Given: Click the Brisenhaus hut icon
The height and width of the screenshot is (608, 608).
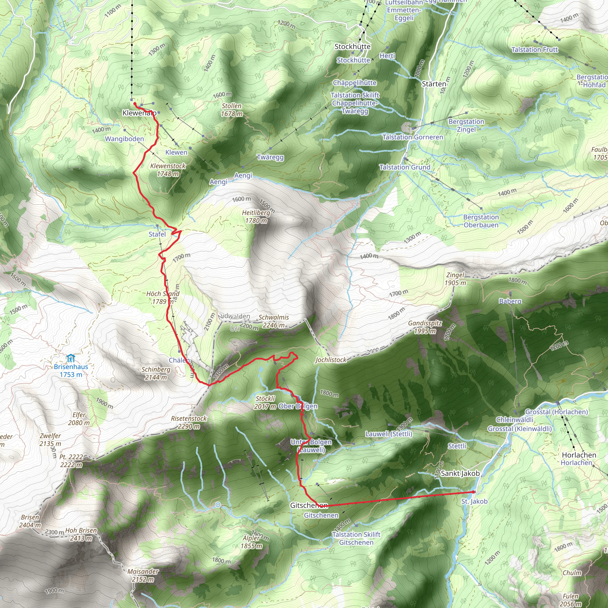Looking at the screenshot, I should pos(71,358).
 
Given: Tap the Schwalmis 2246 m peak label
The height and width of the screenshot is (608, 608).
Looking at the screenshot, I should pos(273,321).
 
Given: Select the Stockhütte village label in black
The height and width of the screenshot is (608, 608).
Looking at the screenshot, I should pos(352,47).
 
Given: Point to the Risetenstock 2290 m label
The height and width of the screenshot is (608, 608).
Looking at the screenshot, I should pos(189,422).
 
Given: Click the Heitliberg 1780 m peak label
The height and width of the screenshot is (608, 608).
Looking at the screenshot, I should pos(256,216).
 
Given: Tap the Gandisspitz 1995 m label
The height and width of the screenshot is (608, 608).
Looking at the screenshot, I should pos(425,327).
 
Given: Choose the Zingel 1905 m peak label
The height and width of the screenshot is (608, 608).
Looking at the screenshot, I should pos(455,279).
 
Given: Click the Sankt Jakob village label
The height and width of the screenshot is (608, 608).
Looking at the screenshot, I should pos(460,473).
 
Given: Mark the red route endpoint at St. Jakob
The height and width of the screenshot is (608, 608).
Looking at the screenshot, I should pos(473,492).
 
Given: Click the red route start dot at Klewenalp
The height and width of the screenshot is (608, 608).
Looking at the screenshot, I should pos(135,104).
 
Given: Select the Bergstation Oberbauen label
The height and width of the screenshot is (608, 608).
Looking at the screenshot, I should pos(481,221).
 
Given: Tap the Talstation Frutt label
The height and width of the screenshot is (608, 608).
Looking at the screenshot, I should pos(534,49).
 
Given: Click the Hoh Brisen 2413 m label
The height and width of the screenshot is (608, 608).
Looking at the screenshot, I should pos(81,534).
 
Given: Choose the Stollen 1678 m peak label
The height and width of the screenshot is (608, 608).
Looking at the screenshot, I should pos(232,110).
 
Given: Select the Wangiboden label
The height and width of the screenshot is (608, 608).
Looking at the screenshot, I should pos(124,139).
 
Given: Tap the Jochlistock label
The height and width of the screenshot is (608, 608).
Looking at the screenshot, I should pos(330,360).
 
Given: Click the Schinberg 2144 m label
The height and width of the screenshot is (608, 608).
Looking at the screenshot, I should pos(156,373).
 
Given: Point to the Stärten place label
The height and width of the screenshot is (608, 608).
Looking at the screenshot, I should pos(434,84).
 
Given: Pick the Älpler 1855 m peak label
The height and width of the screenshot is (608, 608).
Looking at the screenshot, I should pos(251,542).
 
